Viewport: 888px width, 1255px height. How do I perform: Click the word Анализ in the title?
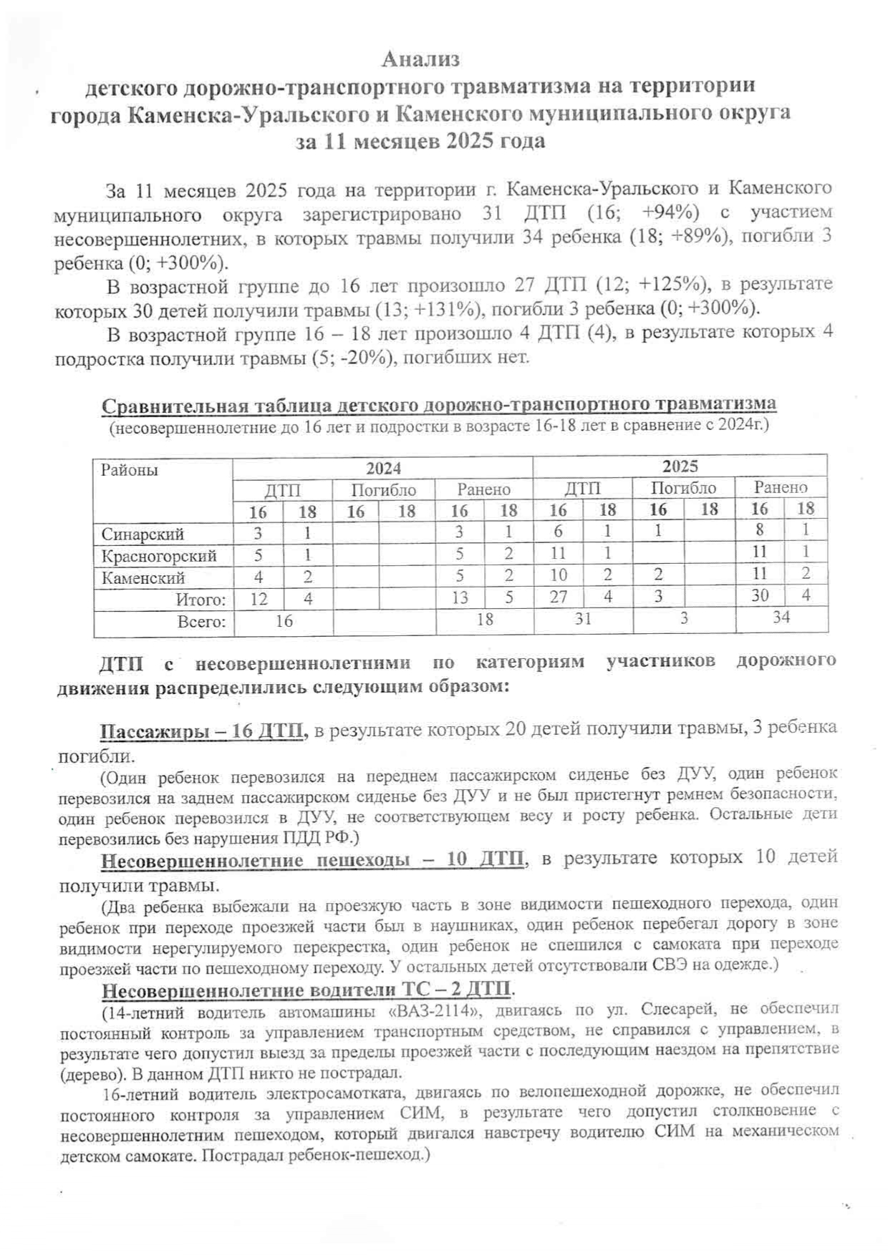pos(420,59)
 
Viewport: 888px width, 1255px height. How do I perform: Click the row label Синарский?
pos(143,534)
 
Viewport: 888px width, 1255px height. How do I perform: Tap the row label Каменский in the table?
pos(143,577)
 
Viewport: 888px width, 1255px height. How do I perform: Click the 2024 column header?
pos(383,469)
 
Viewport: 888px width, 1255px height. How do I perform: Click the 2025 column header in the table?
pos(680,467)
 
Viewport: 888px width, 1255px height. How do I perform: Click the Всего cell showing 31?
pos(583,618)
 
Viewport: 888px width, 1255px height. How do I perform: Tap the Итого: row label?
pos(201,600)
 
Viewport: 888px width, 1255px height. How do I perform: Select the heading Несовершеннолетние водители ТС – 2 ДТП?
pos(307,990)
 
